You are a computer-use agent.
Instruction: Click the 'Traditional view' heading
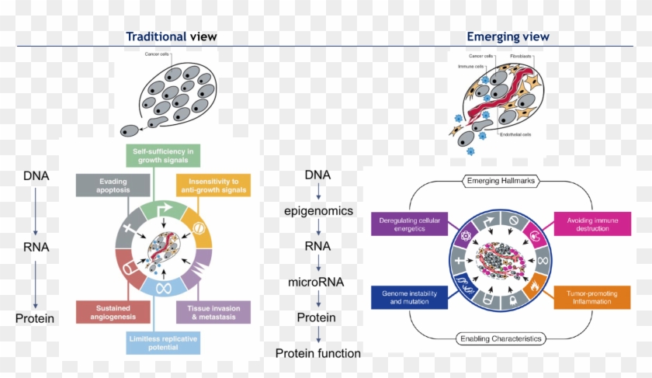[x=172, y=36]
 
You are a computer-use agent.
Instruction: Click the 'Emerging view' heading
[x=508, y=36]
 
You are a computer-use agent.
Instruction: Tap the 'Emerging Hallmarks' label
[x=503, y=182]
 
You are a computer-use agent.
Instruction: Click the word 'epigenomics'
[x=317, y=211]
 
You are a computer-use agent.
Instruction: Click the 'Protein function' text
[x=317, y=353]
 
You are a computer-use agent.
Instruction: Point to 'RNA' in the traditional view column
[x=36, y=247]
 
